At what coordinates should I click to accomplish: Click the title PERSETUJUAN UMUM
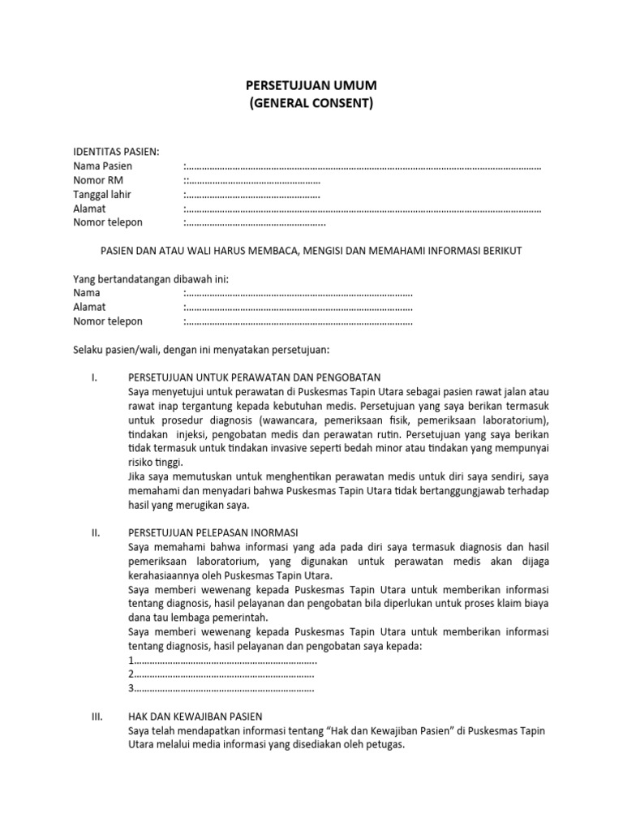311,86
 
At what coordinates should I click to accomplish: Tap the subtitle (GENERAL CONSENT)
311,104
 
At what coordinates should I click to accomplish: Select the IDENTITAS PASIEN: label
116,152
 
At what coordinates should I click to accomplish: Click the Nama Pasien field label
103,166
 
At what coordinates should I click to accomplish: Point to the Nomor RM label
98,180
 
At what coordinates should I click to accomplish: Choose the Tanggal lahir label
102,195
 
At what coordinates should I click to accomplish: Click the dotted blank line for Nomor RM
253,181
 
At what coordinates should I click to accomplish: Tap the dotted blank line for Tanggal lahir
253,196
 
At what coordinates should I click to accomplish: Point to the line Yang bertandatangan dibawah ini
151,279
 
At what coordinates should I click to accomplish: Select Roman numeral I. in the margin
94,377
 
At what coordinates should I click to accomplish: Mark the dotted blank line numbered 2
222,674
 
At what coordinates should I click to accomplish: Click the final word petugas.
385,745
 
